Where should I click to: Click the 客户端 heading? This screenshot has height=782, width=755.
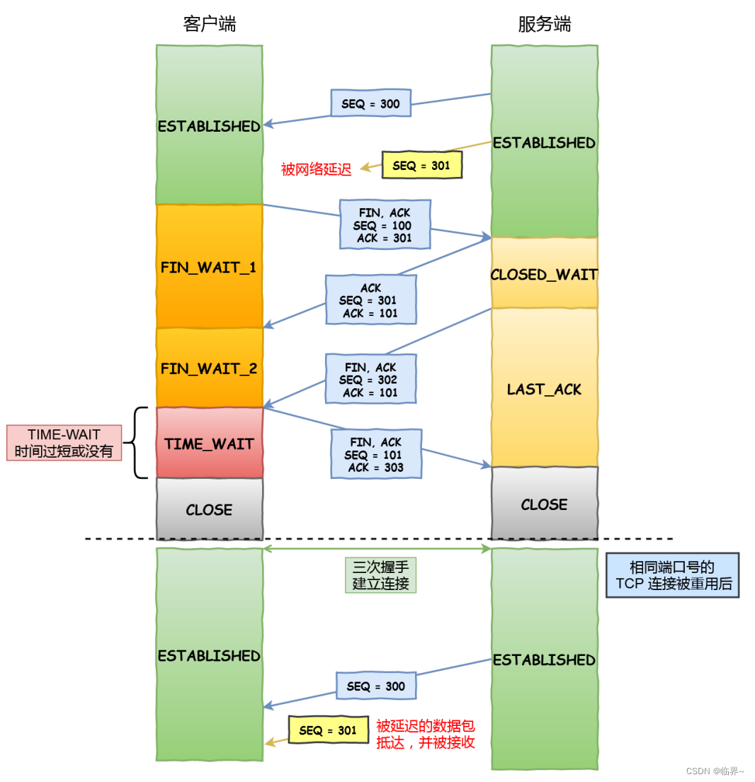pos(209,24)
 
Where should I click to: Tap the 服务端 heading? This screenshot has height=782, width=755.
pos(544,24)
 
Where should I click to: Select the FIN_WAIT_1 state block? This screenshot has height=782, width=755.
pos(209,267)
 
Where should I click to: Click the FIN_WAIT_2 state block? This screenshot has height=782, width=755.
pos(209,368)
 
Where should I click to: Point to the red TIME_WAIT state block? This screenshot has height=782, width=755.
pos(209,443)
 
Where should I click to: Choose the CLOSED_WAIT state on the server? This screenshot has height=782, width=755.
pos(544,274)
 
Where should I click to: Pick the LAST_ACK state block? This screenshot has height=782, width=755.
pos(544,389)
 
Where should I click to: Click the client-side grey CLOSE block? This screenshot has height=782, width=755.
pos(209,509)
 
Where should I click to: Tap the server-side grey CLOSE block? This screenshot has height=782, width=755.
pos(544,504)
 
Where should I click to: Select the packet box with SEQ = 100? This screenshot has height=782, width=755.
pos(385,225)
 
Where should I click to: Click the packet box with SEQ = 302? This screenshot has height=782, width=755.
pos(370,379)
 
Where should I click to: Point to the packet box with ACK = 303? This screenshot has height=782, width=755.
pos(375,454)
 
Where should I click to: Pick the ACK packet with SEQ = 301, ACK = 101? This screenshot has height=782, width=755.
pos(370,300)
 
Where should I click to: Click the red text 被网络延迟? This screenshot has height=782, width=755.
pos(316,169)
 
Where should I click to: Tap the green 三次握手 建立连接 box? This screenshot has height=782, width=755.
pos(380,575)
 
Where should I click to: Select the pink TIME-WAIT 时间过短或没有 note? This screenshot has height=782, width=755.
pos(64,443)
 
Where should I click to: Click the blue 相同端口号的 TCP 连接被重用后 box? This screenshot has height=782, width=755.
pos(672,575)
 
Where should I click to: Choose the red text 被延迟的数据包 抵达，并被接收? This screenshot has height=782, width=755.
pos(425,734)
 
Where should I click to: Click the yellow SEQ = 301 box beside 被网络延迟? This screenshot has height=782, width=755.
pos(422,165)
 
